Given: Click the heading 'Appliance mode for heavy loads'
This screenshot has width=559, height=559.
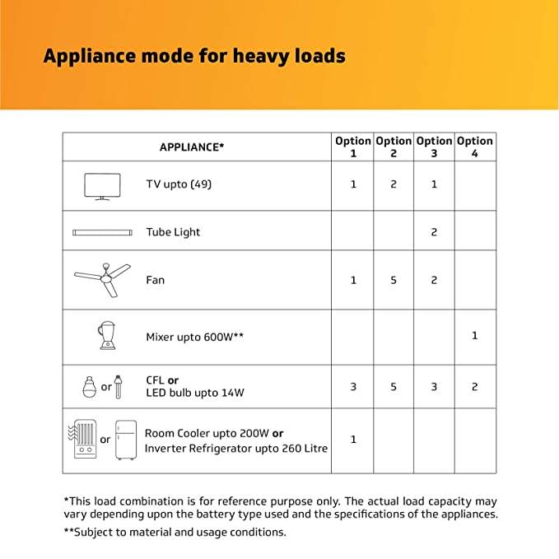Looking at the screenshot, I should point(194,57).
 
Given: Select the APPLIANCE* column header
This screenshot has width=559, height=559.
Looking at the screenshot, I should point(191,147).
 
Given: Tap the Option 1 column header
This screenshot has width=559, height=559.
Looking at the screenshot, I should point(353,147).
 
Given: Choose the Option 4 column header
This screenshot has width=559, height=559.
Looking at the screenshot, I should point(475,147).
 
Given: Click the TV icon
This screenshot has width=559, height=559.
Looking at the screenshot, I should point(102,186).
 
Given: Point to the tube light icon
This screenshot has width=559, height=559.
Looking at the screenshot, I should point(102,232).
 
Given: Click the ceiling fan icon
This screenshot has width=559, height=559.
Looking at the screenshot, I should point(102,278).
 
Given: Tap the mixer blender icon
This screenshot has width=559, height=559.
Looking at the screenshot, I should point(105,334).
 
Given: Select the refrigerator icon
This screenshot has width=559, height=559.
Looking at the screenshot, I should point(125,440).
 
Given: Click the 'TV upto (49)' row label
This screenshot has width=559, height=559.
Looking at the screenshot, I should point(179,184).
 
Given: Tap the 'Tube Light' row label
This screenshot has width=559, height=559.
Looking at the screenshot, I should point(173,232).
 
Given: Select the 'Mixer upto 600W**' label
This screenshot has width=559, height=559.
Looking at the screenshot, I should point(194,337).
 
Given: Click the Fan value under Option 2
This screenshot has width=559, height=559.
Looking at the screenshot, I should point(394,280).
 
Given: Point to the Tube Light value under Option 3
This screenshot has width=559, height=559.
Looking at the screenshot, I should point(434,232).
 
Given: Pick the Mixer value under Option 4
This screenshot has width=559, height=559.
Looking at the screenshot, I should point(475,336).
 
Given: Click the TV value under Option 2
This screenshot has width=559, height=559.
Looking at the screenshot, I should point(394,184).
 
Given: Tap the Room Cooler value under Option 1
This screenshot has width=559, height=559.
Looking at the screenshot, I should point(353,440).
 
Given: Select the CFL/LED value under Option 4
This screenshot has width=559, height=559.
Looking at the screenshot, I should point(475,387).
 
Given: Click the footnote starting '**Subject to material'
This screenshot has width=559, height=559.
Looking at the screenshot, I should point(175,533).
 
